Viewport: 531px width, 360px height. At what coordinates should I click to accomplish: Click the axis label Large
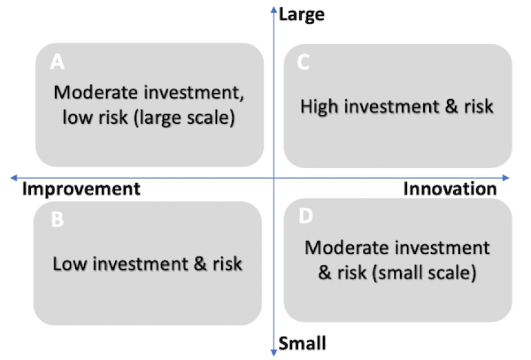click(302, 15)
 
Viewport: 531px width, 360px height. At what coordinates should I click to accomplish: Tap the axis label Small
click(302, 343)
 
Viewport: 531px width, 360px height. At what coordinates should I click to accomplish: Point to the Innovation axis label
click(450, 189)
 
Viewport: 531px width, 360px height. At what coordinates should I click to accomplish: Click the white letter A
click(58, 62)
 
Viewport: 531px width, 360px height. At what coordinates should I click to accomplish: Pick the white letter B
click(58, 219)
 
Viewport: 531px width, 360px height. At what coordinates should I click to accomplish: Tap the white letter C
click(303, 63)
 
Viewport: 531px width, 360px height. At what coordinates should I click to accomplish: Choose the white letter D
click(306, 216)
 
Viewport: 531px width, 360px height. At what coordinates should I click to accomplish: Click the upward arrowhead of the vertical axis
click(274, 10)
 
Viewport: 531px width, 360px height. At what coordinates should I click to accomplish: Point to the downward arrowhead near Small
click(274, 352)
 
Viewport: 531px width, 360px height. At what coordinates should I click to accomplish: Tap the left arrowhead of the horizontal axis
click(14, 177)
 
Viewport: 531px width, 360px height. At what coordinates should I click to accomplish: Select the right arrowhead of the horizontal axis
click(506, 177)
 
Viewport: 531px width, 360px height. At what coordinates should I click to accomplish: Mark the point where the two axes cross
click(274, 177)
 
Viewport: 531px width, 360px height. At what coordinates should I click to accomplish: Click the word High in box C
click(319, 107)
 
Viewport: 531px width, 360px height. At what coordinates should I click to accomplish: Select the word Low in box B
click(70, 264)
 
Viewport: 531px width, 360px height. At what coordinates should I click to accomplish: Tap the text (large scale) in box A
click(184, 118)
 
